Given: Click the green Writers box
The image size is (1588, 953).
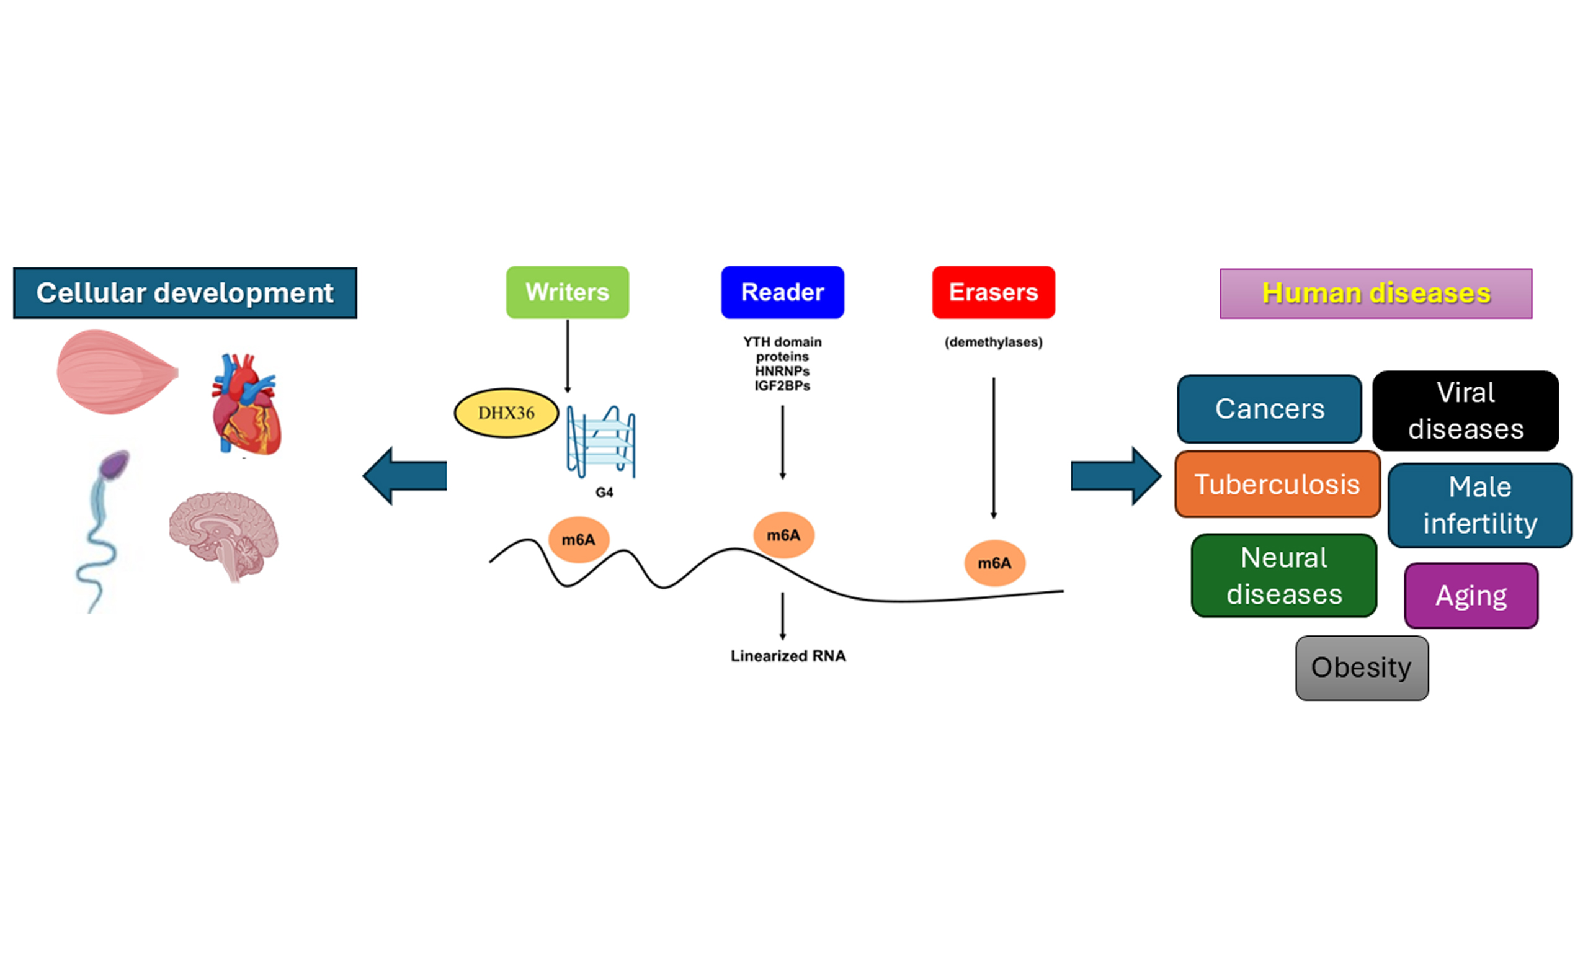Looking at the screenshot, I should click(x=567, y=292).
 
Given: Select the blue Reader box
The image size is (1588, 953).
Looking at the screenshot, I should click(x=782, y=292).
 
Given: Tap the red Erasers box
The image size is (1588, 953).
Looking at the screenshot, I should click(x=993, y=292).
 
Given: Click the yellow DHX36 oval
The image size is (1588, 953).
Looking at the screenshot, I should click(x=506, y=413).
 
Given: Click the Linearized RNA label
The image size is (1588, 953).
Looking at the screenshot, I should click(x=788, y=656).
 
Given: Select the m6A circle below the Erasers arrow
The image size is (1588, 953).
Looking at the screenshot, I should click(x=994, y=563).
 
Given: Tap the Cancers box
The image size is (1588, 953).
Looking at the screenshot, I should click(x=1269, y=409).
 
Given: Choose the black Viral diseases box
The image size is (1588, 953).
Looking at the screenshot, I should click(x=1465, y=411).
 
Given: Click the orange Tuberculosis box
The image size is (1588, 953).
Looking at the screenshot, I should click(x=1277, y=484).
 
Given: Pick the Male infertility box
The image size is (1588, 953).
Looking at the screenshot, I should click(x=1479, y=506).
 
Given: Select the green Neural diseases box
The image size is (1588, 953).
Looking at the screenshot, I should click(x=1284, y=575).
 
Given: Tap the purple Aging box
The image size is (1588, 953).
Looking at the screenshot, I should click(x=1471, y=595).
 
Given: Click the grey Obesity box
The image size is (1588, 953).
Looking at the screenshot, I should click(x=1362, y=668).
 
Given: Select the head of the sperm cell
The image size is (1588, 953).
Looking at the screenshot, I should click(x=115, y=464).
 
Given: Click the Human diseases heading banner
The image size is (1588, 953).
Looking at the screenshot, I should click(x=1375, y=293).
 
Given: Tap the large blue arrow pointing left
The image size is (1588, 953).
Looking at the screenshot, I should click(x=405, y=476).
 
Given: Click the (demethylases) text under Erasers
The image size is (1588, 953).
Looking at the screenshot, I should click(x=993, y=342).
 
